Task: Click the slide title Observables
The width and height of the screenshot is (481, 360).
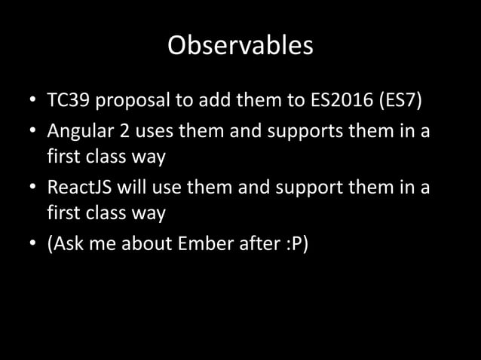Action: point(240,46)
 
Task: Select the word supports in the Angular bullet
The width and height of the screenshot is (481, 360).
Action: point(287,132)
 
